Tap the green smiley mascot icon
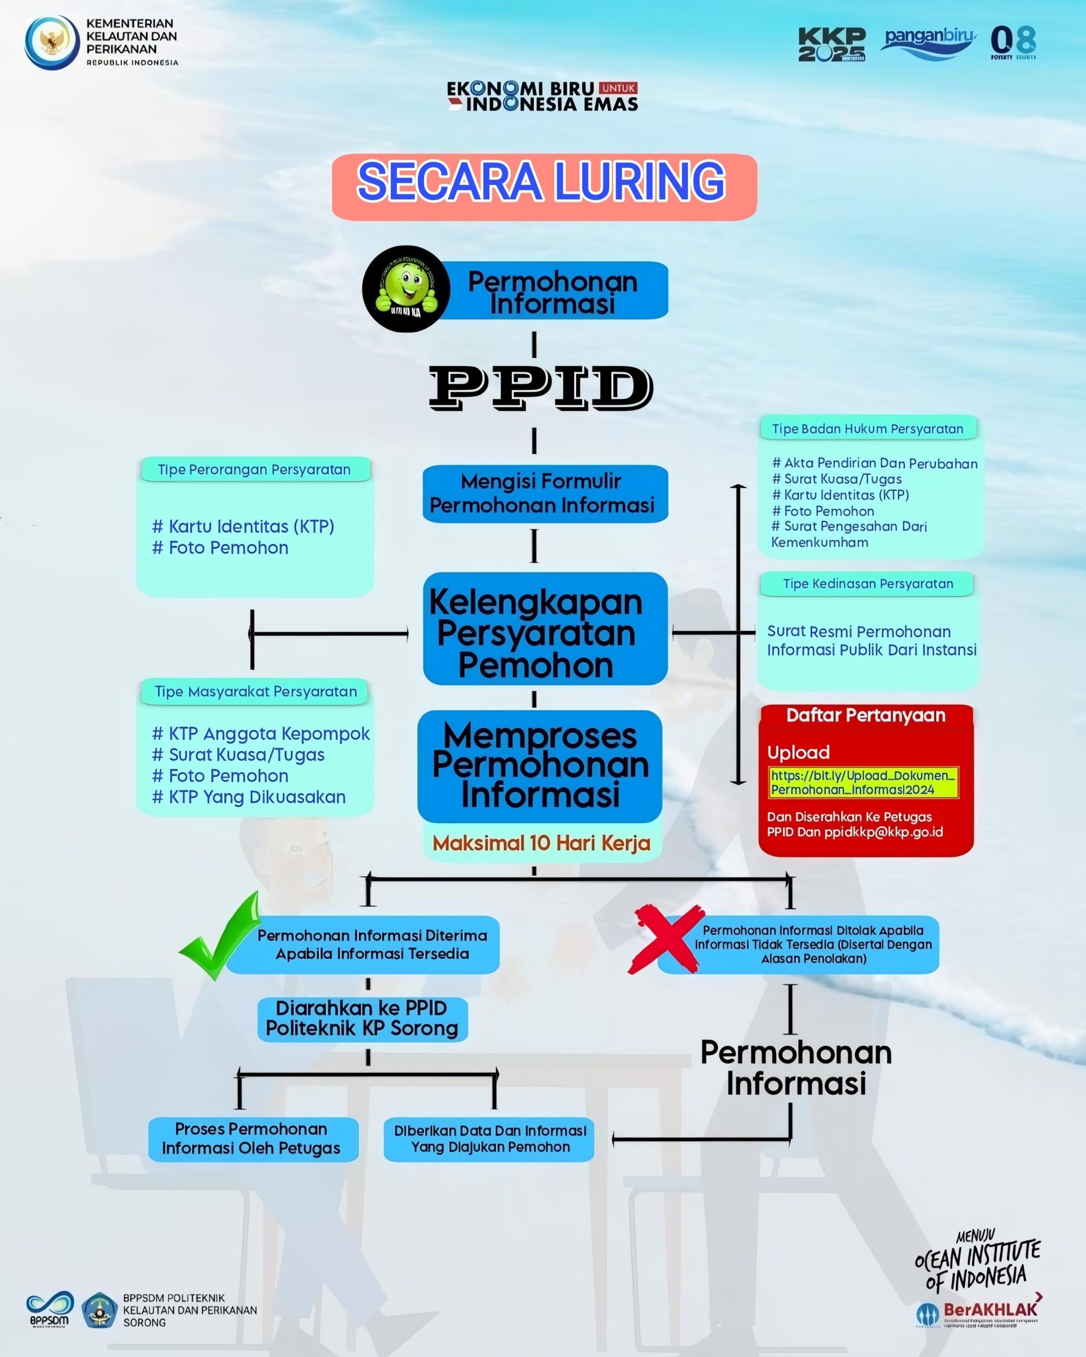406,289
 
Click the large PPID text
540,387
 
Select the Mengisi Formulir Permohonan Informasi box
545,494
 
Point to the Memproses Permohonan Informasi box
539,765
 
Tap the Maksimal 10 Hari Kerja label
541,843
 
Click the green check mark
220,937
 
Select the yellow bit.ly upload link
863,782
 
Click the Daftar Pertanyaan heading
865,715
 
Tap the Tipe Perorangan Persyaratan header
255,470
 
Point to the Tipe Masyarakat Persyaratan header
256,692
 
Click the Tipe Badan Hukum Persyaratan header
868,429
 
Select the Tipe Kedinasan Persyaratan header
868,584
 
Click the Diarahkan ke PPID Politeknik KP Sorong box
363,1018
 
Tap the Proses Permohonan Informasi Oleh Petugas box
252,1139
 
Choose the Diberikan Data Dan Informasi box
489,1139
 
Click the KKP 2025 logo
831,44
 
